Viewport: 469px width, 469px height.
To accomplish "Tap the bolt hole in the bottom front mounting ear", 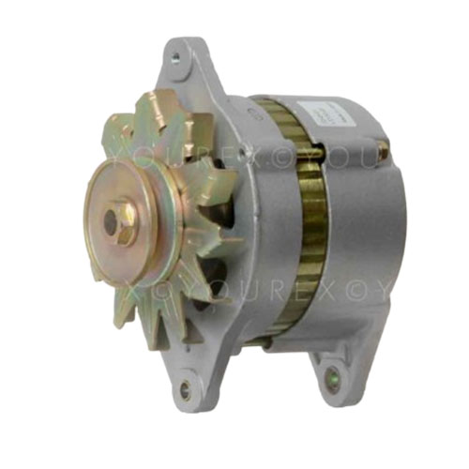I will point(184,385).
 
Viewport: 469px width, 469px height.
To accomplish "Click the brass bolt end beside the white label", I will point(382,148).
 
